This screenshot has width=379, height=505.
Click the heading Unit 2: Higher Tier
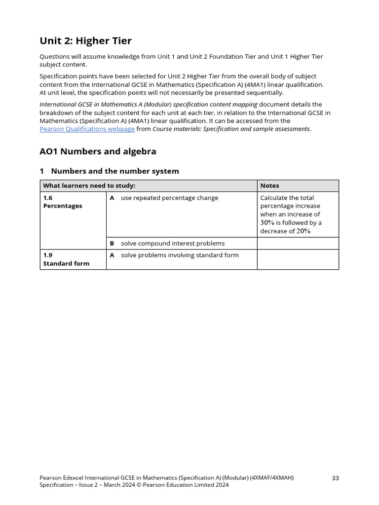(x=85, y=40)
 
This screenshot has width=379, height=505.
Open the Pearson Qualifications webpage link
(x=87, y=129)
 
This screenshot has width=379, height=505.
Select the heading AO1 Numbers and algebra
(x=98, y=151)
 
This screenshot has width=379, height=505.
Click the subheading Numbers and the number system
(x=114, y=171)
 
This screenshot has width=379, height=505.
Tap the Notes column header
(x=269, y=186)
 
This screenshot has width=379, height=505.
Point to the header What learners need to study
(x=89, y=186)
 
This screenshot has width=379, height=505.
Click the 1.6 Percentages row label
(x=63, y=202)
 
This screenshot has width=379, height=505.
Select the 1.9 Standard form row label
(x=66, y=259)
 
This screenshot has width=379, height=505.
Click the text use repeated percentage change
(x=169, y=198)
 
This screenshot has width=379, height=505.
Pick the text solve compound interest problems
(x=173, y=243)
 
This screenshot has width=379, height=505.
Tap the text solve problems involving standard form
(x=180, y=255)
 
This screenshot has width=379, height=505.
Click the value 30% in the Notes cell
(x=267, y=223)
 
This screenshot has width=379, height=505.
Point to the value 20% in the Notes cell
(x=303, y=231)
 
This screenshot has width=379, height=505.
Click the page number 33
(x=335, y=478)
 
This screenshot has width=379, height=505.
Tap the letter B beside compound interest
(x=112, y=243)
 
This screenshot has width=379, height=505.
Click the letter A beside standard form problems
(x=112, y=255)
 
